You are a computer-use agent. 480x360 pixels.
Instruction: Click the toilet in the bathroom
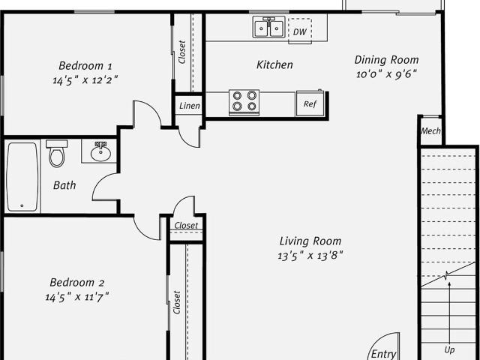tap(57, 153)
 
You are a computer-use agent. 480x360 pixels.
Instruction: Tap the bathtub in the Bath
tap(22, 177)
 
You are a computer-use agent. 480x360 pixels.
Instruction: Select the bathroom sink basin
tap(100, 152)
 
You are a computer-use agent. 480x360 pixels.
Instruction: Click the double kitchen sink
tap(268, 28)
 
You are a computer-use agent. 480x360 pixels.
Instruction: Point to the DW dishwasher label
tap(300, 31)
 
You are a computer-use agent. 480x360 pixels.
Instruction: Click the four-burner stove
tap(244, 102)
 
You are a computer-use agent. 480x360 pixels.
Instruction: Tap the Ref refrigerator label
tap(310, 104)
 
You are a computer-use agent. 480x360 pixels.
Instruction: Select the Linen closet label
tap(190, 106)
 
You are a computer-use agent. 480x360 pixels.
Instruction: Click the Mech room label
tap(430, 131)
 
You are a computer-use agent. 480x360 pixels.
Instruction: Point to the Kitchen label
tap(274, 64)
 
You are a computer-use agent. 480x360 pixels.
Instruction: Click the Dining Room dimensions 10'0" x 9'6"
tap(387, 74)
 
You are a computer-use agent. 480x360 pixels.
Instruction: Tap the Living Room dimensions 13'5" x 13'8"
tap(310, 255)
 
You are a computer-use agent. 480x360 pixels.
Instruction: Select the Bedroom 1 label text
tap(85, 66)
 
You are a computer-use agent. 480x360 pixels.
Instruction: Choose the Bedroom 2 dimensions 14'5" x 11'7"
tap(77, 297)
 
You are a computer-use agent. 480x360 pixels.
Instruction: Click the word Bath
tap(64, 185)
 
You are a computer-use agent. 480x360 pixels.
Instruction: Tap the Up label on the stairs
tap(449, 349)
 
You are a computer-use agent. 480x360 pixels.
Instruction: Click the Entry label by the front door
tap(383, 354)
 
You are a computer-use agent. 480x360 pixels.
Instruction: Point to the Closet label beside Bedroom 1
tap(181, 52)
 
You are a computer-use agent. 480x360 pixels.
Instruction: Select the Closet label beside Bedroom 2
tap(177, 302)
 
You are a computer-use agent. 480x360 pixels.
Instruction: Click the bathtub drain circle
tap(22, 205)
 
